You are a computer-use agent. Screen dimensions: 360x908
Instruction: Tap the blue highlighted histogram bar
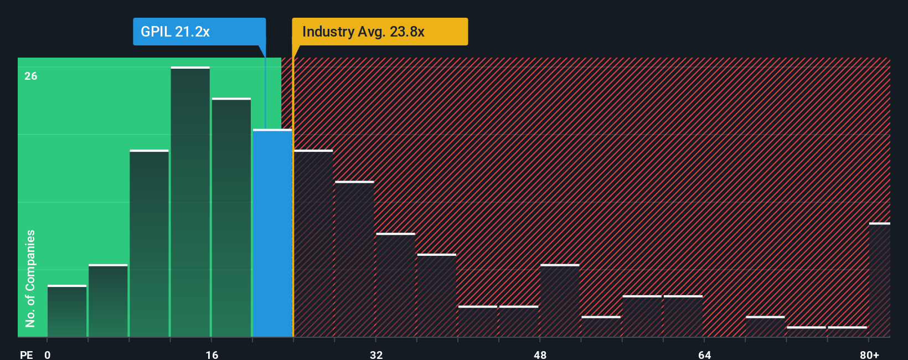(272, 233)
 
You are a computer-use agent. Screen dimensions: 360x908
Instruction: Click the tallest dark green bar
(190, 202)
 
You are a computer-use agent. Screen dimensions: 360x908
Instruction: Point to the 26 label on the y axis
(31, 76)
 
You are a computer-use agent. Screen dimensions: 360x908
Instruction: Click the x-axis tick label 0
(48, 354)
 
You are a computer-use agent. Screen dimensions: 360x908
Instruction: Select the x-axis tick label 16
(212, 354)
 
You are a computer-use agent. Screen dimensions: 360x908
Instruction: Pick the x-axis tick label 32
(376, 354)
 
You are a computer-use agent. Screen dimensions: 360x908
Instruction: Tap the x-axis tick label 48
(540, 354)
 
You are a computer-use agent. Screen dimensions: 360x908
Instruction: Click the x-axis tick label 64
(704, 354)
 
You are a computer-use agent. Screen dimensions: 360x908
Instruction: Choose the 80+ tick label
(869, 354)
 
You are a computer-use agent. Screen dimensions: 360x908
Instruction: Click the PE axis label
(26, 354)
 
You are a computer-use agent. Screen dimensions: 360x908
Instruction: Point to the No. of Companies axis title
(30, 278)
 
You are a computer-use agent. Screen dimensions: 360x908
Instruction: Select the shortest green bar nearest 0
(67, 311)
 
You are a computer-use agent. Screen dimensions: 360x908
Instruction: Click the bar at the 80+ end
(880, 280)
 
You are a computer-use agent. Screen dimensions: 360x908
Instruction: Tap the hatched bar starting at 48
(560, 301)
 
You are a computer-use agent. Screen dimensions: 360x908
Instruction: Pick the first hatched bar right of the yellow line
(313, 244)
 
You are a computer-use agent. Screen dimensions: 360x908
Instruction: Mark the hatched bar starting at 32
(395, 285)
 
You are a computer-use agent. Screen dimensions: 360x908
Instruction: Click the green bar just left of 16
(190, 202)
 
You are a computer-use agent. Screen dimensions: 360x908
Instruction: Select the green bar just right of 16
(231, 218)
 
